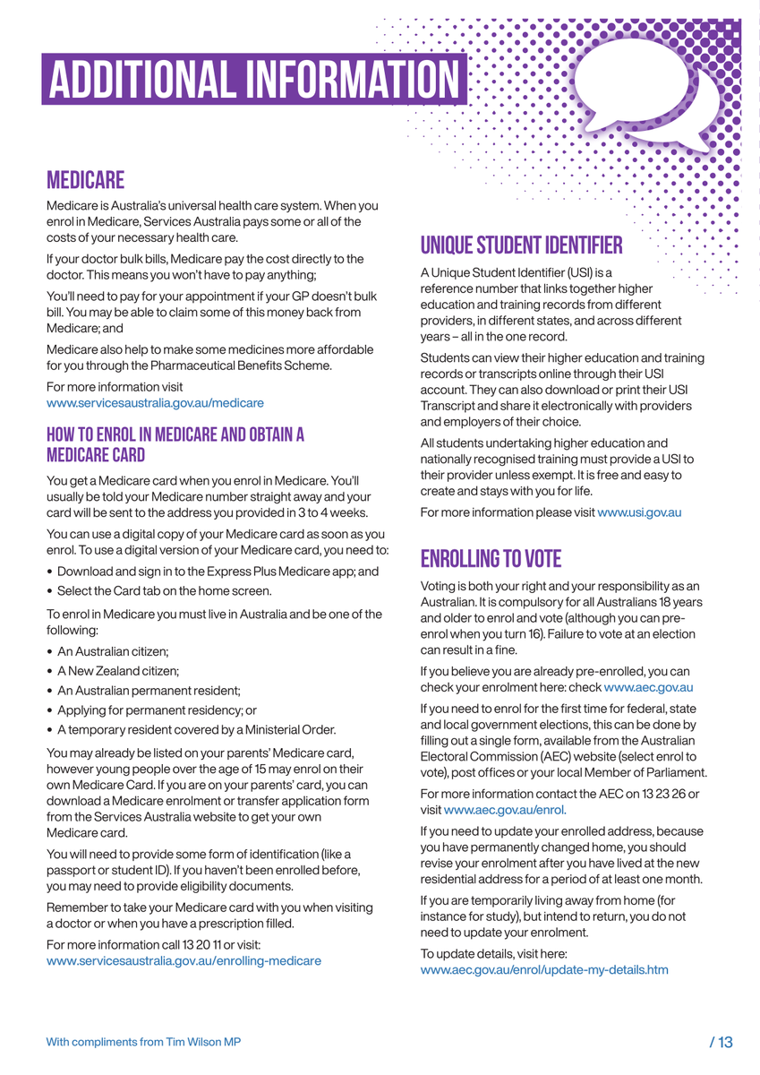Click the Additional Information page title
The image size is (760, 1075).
tap(254, 79)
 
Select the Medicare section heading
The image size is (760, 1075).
tap(85, 181)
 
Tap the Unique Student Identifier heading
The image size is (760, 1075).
tap(521, 245)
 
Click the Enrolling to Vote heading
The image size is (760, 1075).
tap(491, 559)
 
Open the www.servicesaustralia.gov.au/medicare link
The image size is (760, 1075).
tap(155, 404)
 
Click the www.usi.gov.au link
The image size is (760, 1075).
tap(639, 512)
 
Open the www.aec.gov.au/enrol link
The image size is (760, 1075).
tap(505, 810)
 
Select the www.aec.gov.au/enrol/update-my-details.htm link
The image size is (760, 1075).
tap(543, 970)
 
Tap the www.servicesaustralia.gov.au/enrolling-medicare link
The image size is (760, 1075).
tap(184, 961)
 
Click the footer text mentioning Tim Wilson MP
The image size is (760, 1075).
tap(143, 1042)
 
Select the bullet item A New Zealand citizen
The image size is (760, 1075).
tap(118, 670)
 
